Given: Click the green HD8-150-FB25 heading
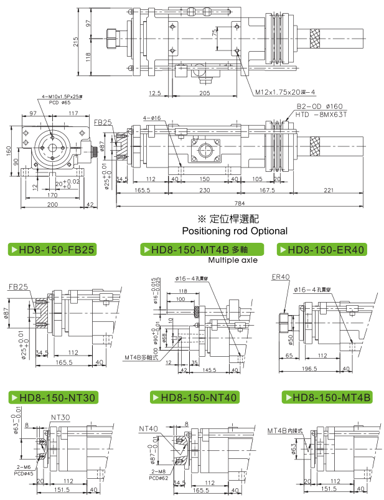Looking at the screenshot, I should [x=51, y=250].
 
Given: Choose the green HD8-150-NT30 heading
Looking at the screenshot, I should [x=52, y=397].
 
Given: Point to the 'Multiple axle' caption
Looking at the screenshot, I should [x=233, y=260].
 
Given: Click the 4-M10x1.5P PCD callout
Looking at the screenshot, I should [x=62, y=98].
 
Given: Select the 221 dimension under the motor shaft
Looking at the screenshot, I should [x=329, y=189].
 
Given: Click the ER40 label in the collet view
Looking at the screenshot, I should [x=281, y=276].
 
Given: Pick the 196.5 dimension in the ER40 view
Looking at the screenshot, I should [x=309, y=368].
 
